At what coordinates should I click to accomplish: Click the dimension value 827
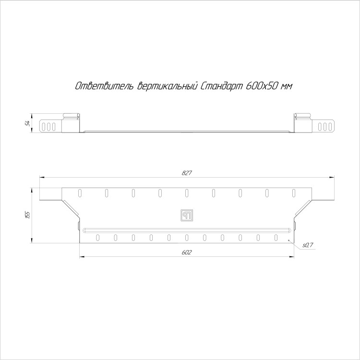pos(187,173)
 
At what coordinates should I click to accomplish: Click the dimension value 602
pos(187,252)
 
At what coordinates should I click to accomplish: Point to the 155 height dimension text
pos(28,215)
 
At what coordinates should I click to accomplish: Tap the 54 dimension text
pos(28,123)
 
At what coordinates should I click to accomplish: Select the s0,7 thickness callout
pos(308,245)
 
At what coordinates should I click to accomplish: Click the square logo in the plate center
pos(187,216)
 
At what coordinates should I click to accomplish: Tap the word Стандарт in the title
pos(222,86)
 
